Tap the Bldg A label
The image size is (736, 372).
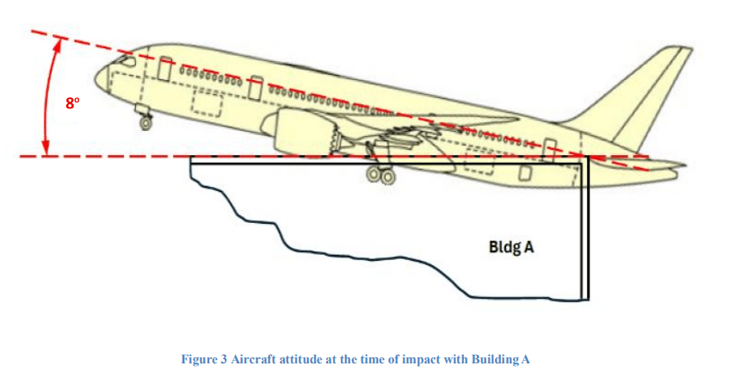pos(511,247)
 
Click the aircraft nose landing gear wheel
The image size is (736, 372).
pos(145,122)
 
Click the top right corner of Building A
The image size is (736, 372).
pos(588,158)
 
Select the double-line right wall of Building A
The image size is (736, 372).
pos(586,232)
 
